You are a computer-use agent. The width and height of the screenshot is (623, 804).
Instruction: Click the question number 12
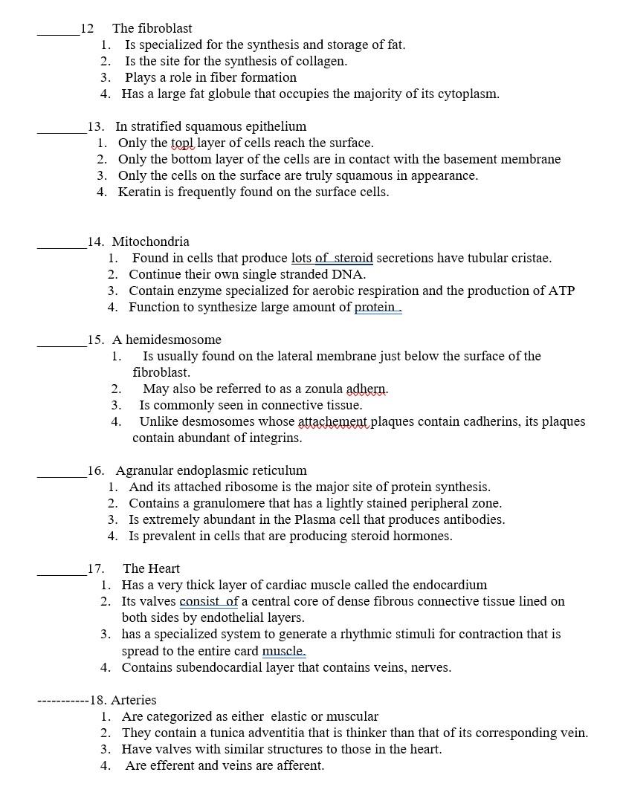click(87, 28)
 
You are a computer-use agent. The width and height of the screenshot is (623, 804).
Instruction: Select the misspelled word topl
click(182, 143)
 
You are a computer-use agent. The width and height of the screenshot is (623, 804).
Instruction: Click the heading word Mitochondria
click(151, 241)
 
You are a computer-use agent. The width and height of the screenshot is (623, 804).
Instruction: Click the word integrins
click(274, 438)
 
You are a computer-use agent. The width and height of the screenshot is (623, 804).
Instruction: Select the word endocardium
click(450, 585)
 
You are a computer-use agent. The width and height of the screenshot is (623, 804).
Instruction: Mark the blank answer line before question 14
click(62, 246)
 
